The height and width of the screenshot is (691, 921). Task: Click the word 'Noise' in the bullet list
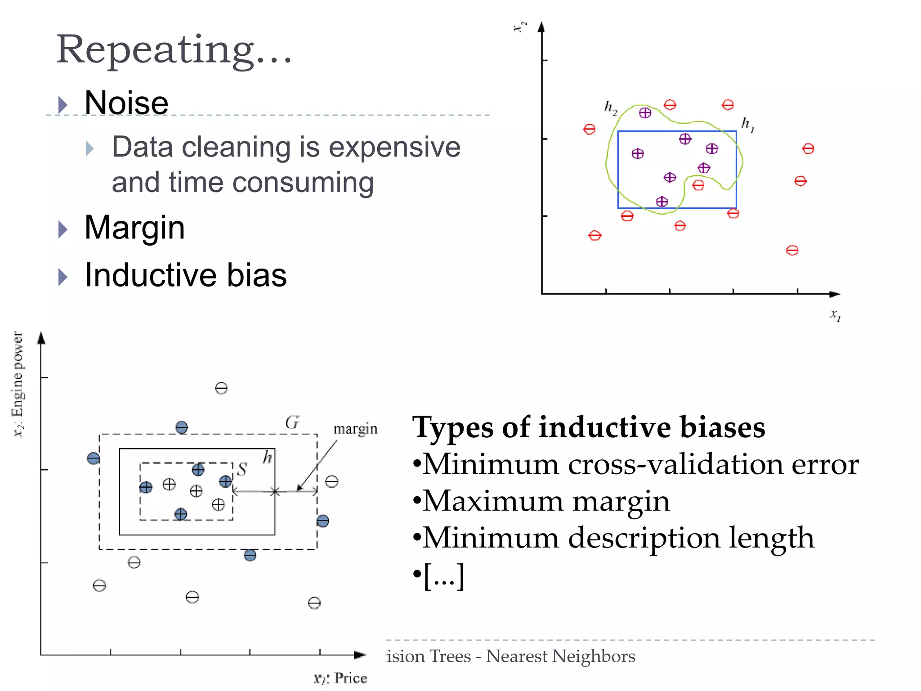pyautogui.click(x=126, y=103)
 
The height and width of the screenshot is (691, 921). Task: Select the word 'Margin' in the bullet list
pyautogui.click(x=134, y=228)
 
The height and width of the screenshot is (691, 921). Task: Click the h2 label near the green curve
pyautogui.click(x=610, y=108)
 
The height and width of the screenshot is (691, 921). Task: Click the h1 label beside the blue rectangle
pyautogui.click(x=747, y=124)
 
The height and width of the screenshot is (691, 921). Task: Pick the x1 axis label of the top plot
pyautogui.click(x=835, y=314)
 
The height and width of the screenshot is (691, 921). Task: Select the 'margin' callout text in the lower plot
pyautogui.click(x=355, y=429)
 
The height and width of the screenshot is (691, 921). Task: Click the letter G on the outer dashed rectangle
pyautogui.click(x=292, y=423)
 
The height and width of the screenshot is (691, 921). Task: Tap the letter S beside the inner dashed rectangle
pyautogui.click(x=242, y=470)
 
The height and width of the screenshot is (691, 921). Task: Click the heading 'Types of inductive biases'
pyautogui.click(x=588, y=427)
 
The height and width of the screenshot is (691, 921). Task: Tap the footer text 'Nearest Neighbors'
pyautogui.click(x=560, y=656)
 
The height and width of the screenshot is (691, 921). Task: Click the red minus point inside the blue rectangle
pyautogui.click(x=698, y=185)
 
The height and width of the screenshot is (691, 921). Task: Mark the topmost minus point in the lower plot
pyautogui.click(x=221, y=388)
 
